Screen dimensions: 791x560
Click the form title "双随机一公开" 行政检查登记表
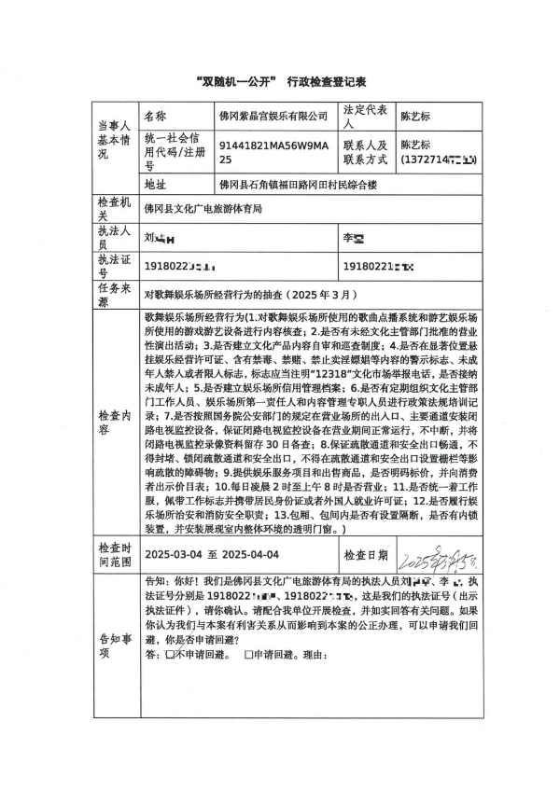[x=279, y=81]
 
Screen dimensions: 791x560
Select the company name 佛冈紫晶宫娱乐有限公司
[x=273, y=117]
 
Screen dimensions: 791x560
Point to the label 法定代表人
[x=365, y=116]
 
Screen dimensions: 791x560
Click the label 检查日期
[x=366, y=556]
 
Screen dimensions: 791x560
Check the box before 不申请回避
[x=170, y=655]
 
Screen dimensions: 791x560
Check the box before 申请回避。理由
[x=248, y=655]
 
